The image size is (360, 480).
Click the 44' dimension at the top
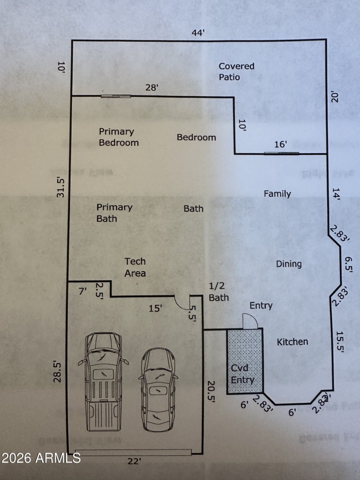tap(198, 33)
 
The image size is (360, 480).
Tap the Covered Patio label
tap(236, 72)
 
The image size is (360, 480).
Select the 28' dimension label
tap(152, 88)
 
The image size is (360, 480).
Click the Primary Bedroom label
tap(118, 137)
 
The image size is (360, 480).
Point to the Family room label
tap(277, 194)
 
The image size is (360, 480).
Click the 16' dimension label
tap(280, 144)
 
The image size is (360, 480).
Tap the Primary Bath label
tap(114, 213)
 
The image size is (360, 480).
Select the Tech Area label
tap(135, 267)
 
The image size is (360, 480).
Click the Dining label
tap(289, 264)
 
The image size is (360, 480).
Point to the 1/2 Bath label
tap(219, 292)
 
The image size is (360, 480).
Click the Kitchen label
tap(292, 342)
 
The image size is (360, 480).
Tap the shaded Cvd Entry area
tap(244, 360)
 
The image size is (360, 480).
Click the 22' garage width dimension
tap(134, 461)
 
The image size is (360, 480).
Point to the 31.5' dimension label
tap(61, 187)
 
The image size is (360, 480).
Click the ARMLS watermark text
tap(41, 458)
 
